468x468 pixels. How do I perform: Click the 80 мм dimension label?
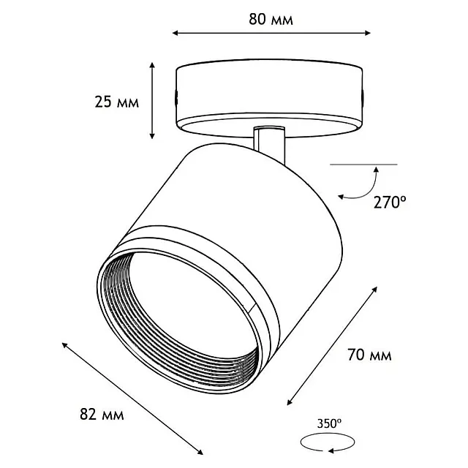(x=271, y=20)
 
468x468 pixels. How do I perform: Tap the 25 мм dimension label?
(x=117, y=102)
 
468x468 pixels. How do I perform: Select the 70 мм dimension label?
(x=369, y=355)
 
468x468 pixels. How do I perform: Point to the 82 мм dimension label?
(x=102, y=415)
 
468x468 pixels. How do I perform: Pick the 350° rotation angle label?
(x=329, y=423)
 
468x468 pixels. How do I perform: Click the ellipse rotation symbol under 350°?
(x=328, y=442)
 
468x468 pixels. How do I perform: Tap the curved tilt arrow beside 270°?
(x=363, y=186)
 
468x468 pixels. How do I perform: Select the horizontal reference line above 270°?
(x=363, y=165)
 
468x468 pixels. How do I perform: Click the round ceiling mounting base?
(x=269, y=98)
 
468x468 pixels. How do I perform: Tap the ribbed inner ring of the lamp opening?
(x=179, y=323)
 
